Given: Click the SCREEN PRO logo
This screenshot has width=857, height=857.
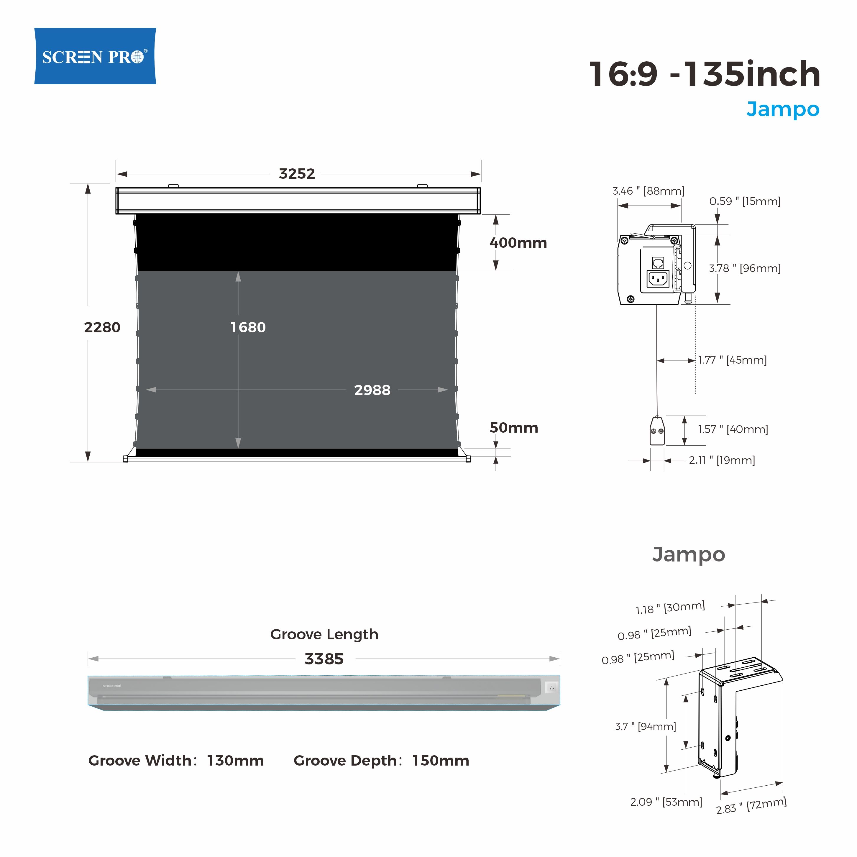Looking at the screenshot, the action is click(x=95, y=56).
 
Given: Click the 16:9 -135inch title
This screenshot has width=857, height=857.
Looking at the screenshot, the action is click(x=705, y=74).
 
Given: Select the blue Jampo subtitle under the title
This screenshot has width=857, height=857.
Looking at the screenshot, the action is click(x=783, y=109).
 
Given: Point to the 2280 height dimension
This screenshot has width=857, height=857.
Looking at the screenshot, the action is click(x=102, y=327).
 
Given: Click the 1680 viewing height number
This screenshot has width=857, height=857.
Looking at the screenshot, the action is click(x=248, y=327).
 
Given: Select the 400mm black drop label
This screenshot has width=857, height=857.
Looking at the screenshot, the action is click(x=518, y=243).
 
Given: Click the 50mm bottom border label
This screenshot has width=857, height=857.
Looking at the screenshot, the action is click(x=514, y=428).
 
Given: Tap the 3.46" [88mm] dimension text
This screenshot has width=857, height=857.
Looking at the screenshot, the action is click(x=649, y=191).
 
